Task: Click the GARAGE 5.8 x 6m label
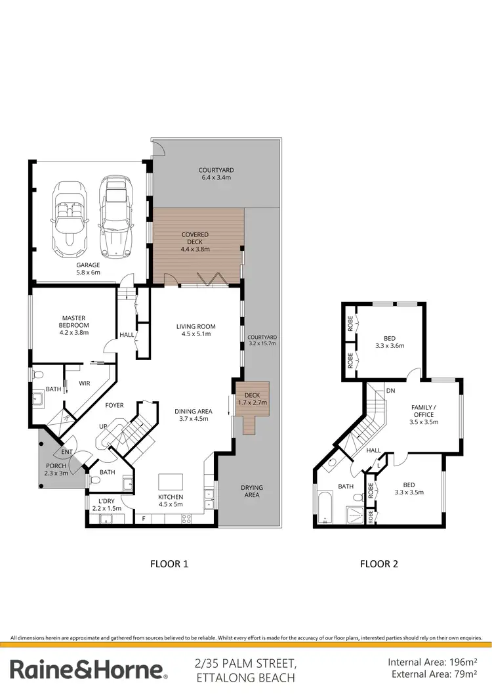click(87, 269)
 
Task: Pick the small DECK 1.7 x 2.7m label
click(253, 399)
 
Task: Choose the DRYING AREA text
click(251, 491)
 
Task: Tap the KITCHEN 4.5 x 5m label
click(171, 501)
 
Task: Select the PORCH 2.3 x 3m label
click(55, 469)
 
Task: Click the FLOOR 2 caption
click(379, 563)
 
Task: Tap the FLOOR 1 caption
click(169, 563)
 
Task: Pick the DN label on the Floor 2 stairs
click(390, 391)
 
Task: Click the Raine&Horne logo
click(88, 669)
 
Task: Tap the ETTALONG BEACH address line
click(243, 676)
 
